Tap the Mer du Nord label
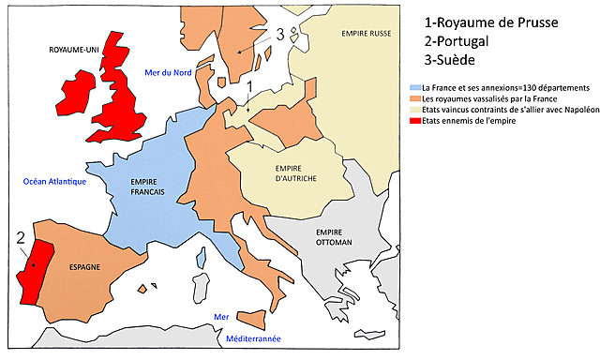coord(169,73)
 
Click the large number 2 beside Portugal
coord(21,238)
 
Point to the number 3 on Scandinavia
coord(279,35)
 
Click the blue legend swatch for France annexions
coord(416,87)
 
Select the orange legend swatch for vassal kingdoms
coord(416,98)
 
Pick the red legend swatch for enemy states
coord(416,120)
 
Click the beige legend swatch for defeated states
coord(416,110)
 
